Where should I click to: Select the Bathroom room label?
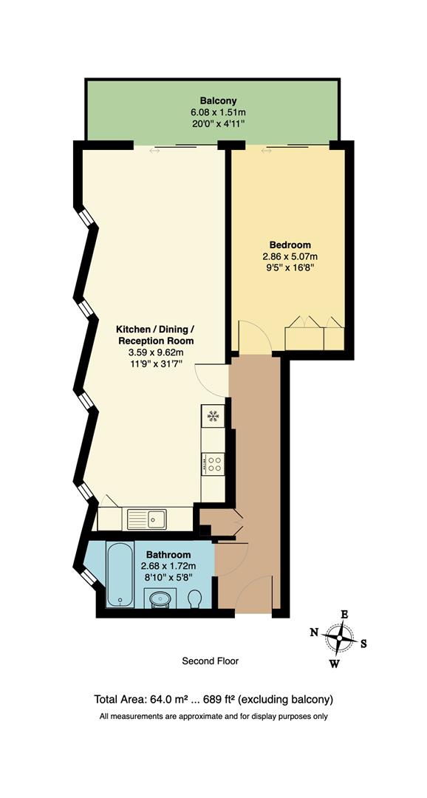coord(168,555)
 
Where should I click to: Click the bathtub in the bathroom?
coord(120,575)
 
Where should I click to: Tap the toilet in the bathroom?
coord(195,598)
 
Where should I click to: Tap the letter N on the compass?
coord(314,632)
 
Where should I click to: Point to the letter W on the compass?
coord(334,664)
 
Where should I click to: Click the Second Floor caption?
coord(211,661)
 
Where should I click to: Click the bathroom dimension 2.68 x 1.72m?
coord(168,567)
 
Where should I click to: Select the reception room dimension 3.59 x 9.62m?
coord(156,353)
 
